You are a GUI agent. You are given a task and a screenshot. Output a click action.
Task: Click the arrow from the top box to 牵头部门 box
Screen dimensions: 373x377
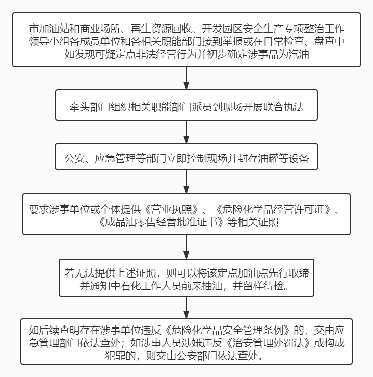coord(186,79)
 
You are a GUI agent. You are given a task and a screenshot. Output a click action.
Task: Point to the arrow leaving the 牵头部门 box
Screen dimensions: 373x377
coord(186,132)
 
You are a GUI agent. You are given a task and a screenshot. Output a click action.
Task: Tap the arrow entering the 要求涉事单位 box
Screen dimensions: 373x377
coord(186,182)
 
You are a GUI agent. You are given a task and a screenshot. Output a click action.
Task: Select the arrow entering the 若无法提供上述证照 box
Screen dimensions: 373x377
coord(186,247)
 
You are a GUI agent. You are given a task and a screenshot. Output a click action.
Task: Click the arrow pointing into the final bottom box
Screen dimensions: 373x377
coord(186,308)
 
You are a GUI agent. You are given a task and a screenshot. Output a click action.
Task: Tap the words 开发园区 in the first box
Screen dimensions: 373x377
coord(222,29)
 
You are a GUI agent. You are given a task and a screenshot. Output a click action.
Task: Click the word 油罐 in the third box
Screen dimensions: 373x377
coord(268,159)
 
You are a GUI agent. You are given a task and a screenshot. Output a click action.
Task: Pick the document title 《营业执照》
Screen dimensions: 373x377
coord(171,210)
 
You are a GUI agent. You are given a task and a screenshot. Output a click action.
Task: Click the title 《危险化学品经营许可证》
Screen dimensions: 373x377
coord(273,210)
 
